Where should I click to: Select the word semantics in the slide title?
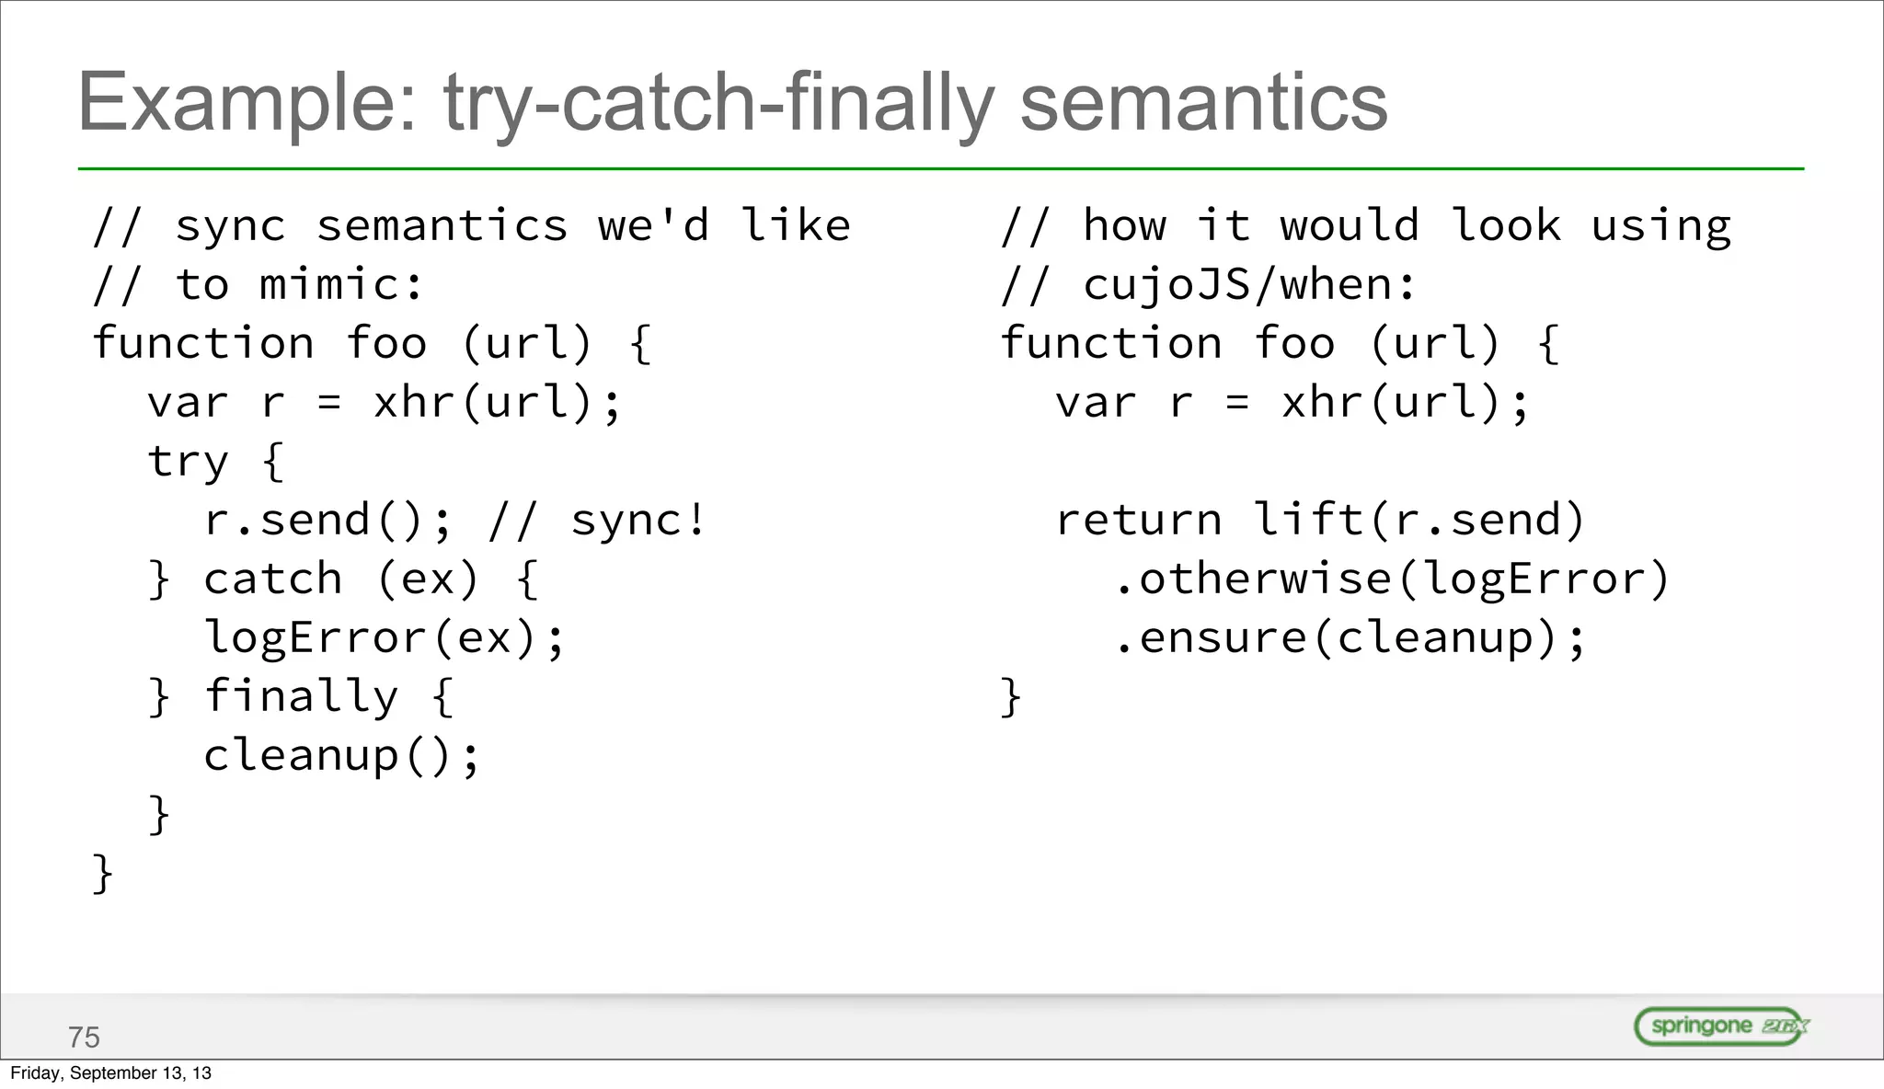click(x=1203, y=103)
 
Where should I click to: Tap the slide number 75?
click(x=84, y=1037)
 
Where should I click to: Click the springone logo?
click(x=1721, y=1026)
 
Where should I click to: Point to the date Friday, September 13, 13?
click(x=110, y=1073)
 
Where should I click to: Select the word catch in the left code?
click(x=273, y=579)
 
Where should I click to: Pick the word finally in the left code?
click(x=302, y=696)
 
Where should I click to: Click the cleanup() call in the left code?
click(x=340, y=756)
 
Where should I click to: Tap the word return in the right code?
click(x=1139, y=521)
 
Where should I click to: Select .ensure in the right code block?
click(x=1211, y=638)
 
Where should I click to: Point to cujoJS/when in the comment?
click(x=1238, y=285)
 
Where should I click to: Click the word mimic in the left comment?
click(x=329, y=285)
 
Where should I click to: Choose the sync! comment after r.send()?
click(x=638, y=521)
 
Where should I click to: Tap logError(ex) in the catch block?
click(x=370, y=638)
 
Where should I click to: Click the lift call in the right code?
click(x=1308, y=521)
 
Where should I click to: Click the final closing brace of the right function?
click(x=1011, y=696)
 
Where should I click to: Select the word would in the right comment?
click(x=1350, y=226)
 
